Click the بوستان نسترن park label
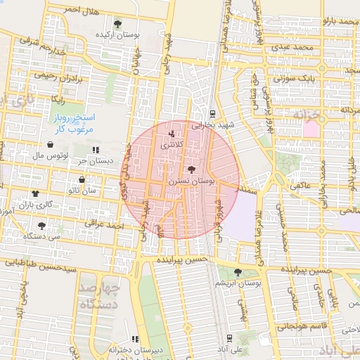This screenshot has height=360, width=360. pyautogui.click(x=191, y=181)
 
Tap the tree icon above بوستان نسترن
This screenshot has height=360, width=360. pyautogui.click(x=191, y=169)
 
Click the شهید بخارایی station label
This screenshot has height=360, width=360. pyautogui.click(x=212, y=125)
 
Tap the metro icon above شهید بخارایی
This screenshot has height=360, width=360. pyautogui.click(x=212, y=114)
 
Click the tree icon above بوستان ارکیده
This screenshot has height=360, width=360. pyautogui.click(x=117, y=24)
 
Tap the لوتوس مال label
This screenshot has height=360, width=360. pyautogui.click(x=50, y=154)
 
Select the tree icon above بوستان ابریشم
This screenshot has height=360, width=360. pyautogui.click(x=238, y=272)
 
